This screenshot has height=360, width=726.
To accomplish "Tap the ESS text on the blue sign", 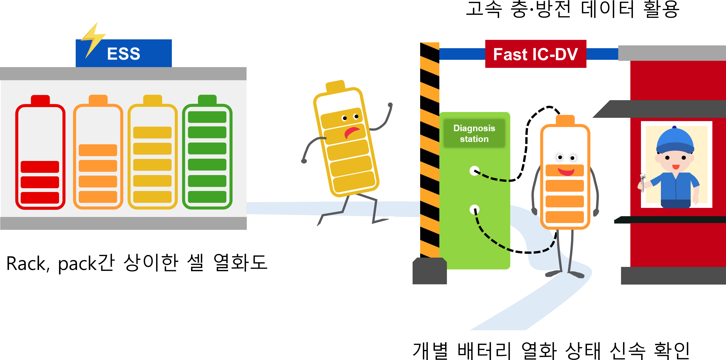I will point(123,54).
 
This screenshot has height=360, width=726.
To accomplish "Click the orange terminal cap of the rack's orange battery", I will point(98,99).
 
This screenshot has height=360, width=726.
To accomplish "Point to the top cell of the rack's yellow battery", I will point(152,132).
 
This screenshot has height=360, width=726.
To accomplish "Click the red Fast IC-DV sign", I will point(535,54).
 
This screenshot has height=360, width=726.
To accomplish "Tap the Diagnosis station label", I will point(474,133).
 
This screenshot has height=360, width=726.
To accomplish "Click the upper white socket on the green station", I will point(474,171).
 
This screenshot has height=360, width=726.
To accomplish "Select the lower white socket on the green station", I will point(474,209).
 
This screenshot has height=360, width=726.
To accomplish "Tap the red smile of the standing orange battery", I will point(566,172).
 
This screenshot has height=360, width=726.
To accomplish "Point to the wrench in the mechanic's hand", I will point(642,183).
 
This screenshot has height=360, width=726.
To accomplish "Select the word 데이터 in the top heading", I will point(608,10).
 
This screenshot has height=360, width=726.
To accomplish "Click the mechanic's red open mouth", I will point(676,167).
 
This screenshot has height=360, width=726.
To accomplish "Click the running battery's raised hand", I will point(390,105).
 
